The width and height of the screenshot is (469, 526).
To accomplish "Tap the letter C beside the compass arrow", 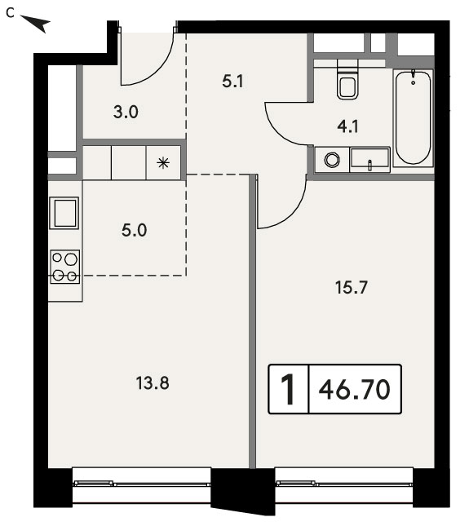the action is pyautogui.click(x=11, y=13).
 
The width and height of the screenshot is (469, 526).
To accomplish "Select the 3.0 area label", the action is pyautogui.click(x=126, y=112).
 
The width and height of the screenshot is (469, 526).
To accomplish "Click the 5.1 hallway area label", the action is pyautogui.click(x=232, y=82).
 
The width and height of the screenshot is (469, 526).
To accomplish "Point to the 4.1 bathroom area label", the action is pyautogui.click(x=348, y=126).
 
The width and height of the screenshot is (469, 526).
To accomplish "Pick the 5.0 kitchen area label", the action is pyautogui.click(x=135, y=231).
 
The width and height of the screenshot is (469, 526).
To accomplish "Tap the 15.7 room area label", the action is pyautogui.click(x=352, y=288).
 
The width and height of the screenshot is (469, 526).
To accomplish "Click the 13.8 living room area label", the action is pyautogui.click(x=153, y=383).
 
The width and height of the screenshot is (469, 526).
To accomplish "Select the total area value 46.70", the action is pyautogui.click(x=355, y=390).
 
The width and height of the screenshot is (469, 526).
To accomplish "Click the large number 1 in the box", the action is pyautogui.click(x=288, y=390).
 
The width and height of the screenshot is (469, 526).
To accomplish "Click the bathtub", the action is pyautogui.click(x=413, y=117).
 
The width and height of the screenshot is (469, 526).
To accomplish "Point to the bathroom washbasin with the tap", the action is pyautogui.click(x=369, y=159).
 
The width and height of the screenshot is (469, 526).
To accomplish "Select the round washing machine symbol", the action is pyautogui.click(x=332, y=160).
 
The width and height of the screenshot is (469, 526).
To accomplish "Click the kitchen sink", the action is pyautogui.click(x=64, y=213).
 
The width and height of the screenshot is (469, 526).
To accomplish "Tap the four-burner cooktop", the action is pyautogui.click(x=65, y=267).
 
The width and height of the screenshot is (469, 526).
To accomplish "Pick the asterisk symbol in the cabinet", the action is pyautogui.click(x=163, y=163).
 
